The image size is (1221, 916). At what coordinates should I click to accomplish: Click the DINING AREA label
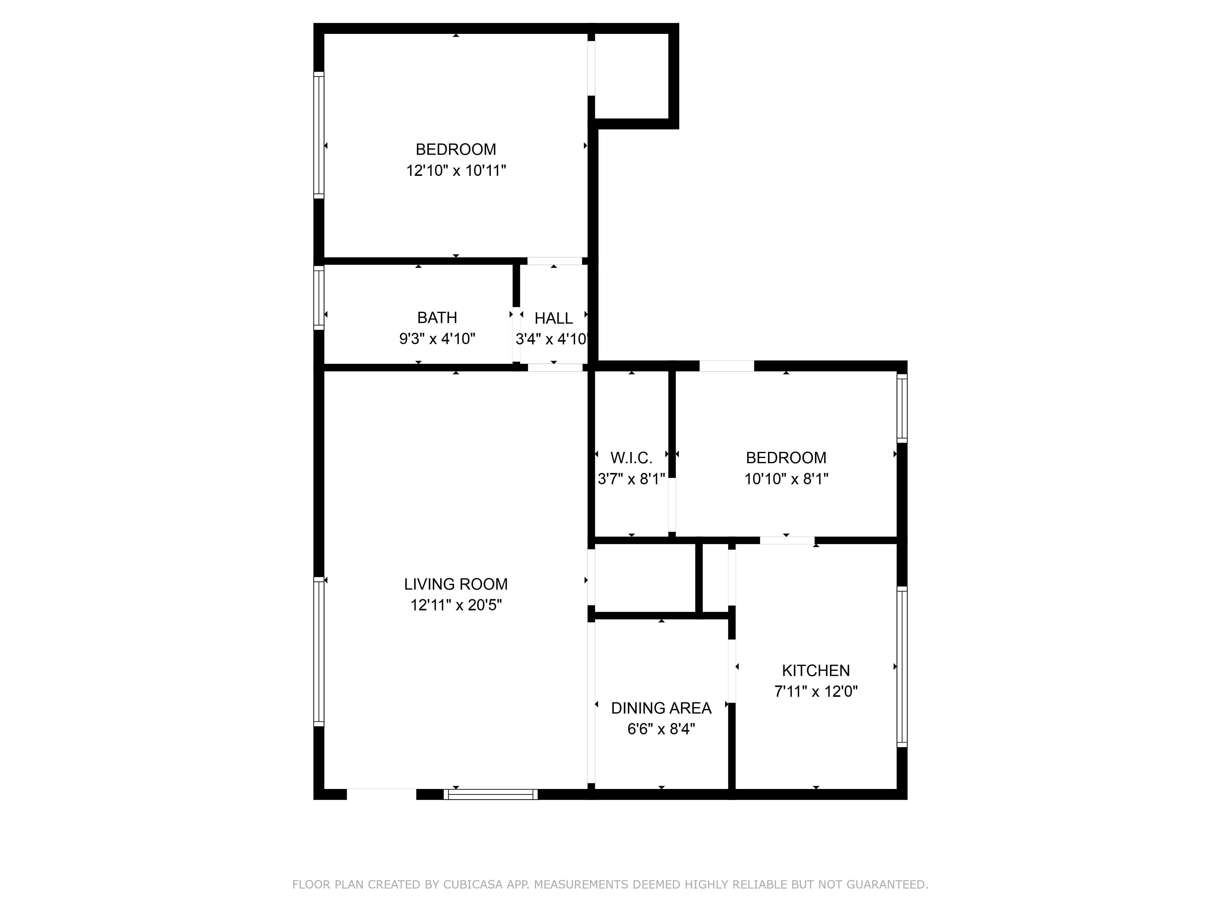661,708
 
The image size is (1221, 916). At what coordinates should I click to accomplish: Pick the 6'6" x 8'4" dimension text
661,729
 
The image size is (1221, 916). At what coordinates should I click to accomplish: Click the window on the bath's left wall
318,298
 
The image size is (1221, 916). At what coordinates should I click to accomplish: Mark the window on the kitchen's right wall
901,667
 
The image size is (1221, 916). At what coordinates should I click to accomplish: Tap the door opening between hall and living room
555,367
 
